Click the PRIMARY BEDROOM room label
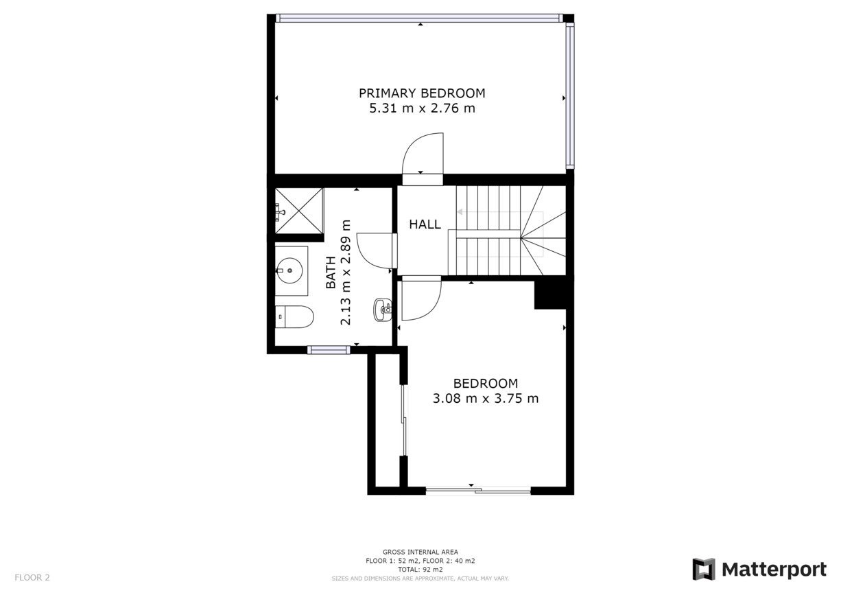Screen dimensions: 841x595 422,93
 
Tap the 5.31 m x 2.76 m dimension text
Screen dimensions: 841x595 422,108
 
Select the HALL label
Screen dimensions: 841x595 425,224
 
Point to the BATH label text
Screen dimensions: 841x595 331,272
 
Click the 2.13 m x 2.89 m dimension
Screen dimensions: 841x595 346,272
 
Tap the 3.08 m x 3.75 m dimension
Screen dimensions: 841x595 486,398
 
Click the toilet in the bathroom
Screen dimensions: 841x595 294,316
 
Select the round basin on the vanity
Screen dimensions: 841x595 289,270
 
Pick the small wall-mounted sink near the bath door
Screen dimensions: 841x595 383,310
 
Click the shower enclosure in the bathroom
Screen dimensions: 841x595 299,211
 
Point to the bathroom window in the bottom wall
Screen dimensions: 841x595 329,350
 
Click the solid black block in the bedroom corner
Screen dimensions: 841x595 550,293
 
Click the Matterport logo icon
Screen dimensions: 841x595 704,569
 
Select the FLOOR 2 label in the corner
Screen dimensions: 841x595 32,577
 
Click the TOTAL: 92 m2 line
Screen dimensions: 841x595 420,570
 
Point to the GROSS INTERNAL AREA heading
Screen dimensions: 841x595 420,552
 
